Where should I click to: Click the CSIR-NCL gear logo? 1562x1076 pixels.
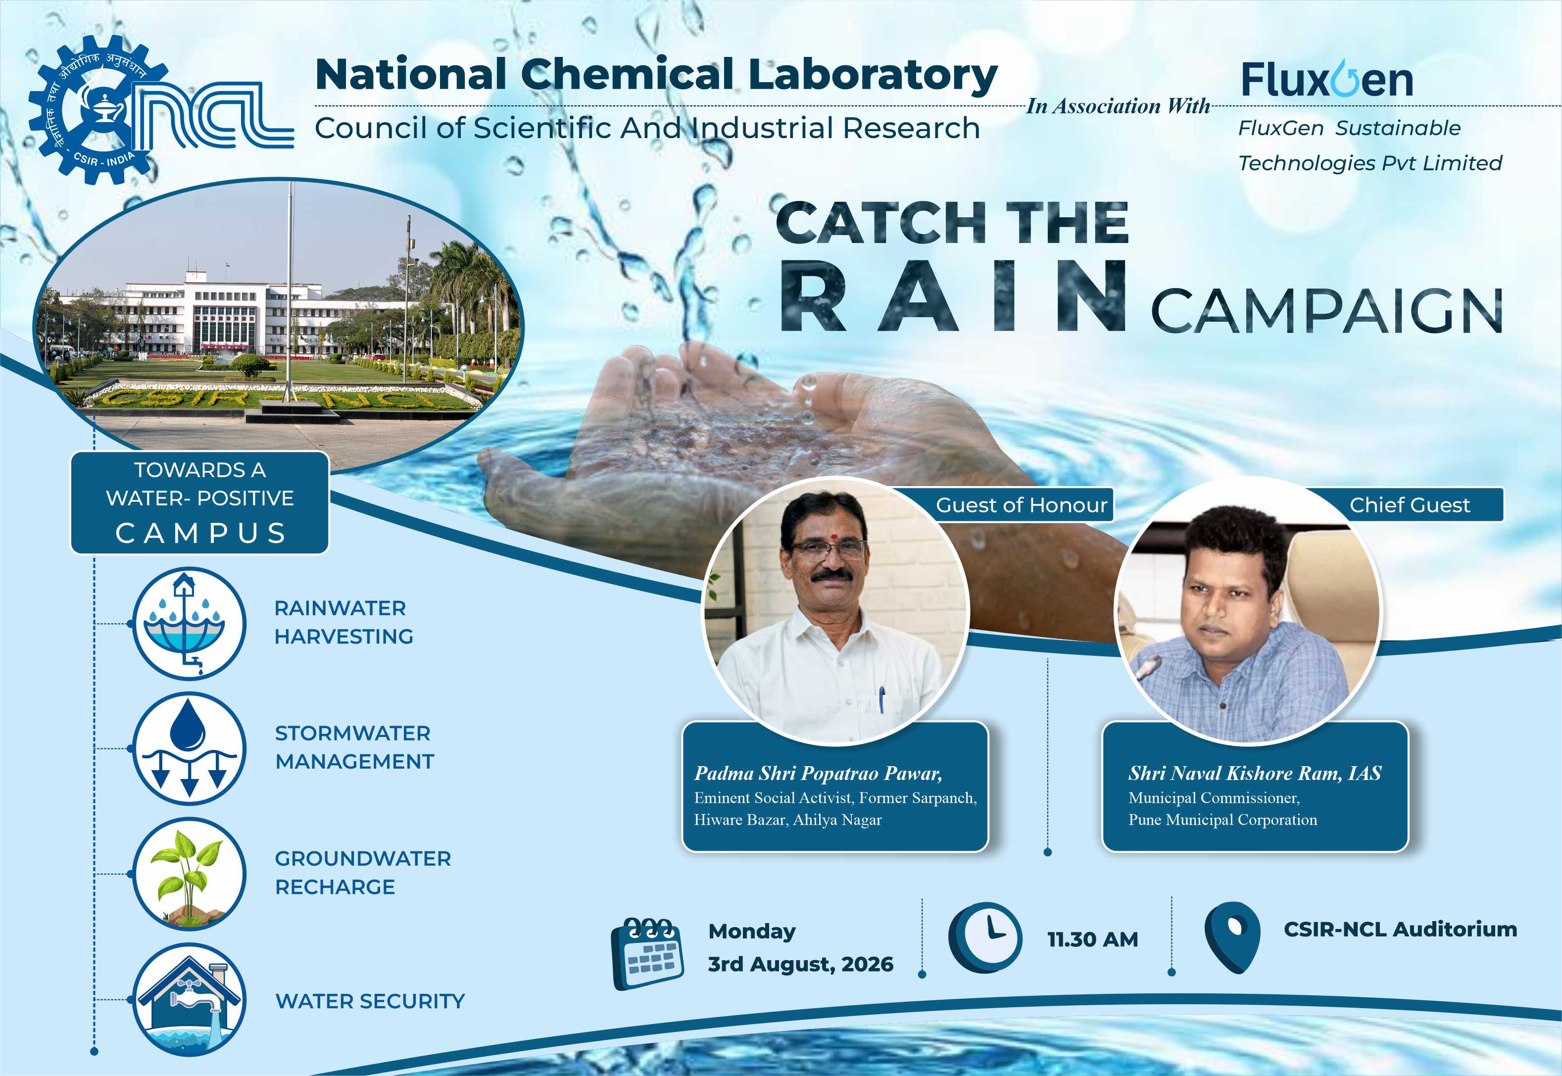(x=98, y=109)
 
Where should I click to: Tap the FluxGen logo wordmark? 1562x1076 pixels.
(x=1327, y=80)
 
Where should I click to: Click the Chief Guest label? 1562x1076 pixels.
(x=1410, y=505)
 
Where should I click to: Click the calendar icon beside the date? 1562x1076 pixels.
(x=647, y=953)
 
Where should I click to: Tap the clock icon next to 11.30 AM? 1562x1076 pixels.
(x=985, y=938)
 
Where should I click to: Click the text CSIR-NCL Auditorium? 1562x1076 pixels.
(x=1400, y=929)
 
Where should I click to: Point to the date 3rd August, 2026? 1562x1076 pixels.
(x=800, y=964)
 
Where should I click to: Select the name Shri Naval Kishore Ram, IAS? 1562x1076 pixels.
(x=1255, y=773)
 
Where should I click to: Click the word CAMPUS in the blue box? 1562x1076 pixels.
(x=201, y=533)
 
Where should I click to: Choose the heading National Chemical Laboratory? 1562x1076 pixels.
(x=656, y=76)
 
